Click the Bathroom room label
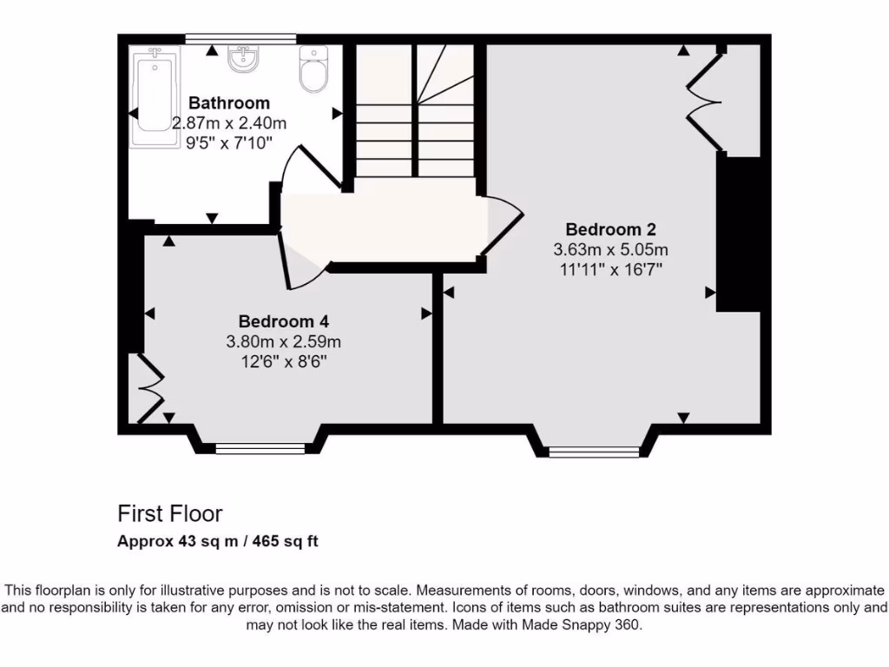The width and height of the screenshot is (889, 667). pos(229,103)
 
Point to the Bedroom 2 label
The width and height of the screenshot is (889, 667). pos(610,230)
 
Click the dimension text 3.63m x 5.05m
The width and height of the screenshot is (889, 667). pos(610,250)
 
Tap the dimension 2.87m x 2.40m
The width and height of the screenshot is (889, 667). pos(229,123)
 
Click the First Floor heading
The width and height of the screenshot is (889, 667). pos(170,514)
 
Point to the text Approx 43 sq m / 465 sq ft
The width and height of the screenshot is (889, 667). pos(218,541)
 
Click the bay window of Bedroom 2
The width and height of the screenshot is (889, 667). pos(594,451)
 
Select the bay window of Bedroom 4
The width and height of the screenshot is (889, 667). pos(260,448)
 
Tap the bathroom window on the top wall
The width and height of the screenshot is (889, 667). pos(241,38)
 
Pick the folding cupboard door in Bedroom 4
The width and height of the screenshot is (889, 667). pos(149,388)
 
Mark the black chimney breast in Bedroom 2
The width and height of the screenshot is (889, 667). pos(738,233)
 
